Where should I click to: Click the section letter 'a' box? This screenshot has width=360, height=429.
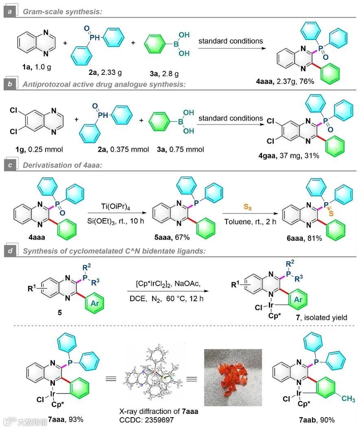tap(9, 11)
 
